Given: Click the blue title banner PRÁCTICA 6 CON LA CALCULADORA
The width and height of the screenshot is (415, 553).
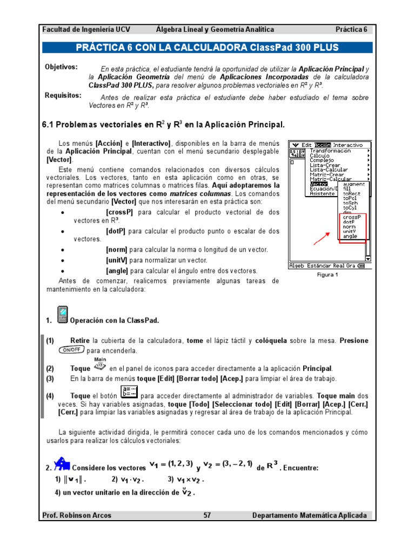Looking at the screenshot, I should (x=207, y=48).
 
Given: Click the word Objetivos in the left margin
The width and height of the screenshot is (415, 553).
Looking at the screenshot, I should (x=61, y=67).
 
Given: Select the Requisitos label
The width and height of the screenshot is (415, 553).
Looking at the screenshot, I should (x=63, y=96).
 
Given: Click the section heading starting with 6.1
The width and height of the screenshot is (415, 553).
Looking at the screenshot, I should (x=163, y=125).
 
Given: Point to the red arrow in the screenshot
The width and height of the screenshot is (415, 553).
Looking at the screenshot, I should (x=323, y=238).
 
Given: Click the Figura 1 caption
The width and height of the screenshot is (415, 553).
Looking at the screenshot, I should (x=327, y=274).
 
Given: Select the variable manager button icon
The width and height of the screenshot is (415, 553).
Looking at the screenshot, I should (x=130, y=393).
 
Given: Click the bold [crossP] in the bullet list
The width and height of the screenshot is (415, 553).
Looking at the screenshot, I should (x=120, y=212).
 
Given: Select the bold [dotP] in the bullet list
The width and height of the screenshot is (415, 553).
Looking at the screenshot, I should (x=116, y=231).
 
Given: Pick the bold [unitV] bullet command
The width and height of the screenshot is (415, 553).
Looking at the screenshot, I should (x=117, y=260).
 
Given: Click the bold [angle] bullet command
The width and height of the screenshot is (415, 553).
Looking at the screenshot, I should (x=117, y=271).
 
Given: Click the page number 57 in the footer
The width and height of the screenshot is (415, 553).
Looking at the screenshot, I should (x=207, y=515).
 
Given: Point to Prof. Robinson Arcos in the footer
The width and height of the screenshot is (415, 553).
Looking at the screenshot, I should (x=77, y=515).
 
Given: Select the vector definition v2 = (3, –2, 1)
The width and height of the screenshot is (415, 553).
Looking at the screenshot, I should (x=227, y=464).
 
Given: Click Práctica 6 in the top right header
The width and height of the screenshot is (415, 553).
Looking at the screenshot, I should (x=351, y=30).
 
